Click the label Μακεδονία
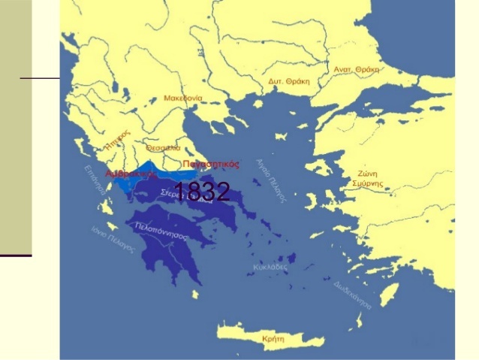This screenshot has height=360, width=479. (183, 98)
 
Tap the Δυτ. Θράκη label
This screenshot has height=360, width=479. (289, 80)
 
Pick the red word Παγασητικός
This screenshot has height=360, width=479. (210, 163)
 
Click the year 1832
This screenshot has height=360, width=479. (201, 192)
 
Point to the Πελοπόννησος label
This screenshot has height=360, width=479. (161, 230)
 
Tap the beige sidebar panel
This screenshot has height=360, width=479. (16, 128)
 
